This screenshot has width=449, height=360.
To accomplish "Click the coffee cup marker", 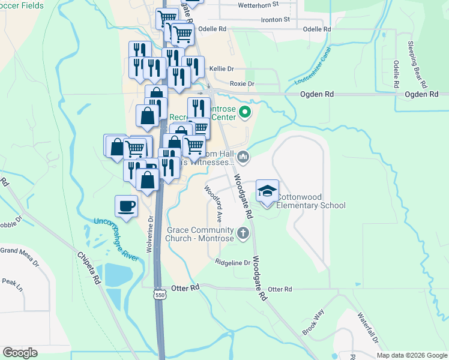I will (x=126, y=206).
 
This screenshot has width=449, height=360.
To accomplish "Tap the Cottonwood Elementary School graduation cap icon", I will (x=267, y=191).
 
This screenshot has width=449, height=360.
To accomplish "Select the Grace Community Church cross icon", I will (x=243, y=232).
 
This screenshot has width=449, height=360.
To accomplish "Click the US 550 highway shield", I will (x=159, y=295).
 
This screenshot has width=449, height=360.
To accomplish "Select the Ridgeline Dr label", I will (x=232, y=263).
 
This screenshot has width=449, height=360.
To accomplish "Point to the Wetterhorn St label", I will (x=259, y=4).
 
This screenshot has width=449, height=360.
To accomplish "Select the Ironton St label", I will (x=276, y=19).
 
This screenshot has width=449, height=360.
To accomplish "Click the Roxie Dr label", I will (x=243, y=84).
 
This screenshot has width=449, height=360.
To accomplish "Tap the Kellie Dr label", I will (x=221, y=69).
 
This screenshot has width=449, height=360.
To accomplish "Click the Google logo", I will (x=20, y=353).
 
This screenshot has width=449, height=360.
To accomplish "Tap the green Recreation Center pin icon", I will (x=244, y=112).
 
